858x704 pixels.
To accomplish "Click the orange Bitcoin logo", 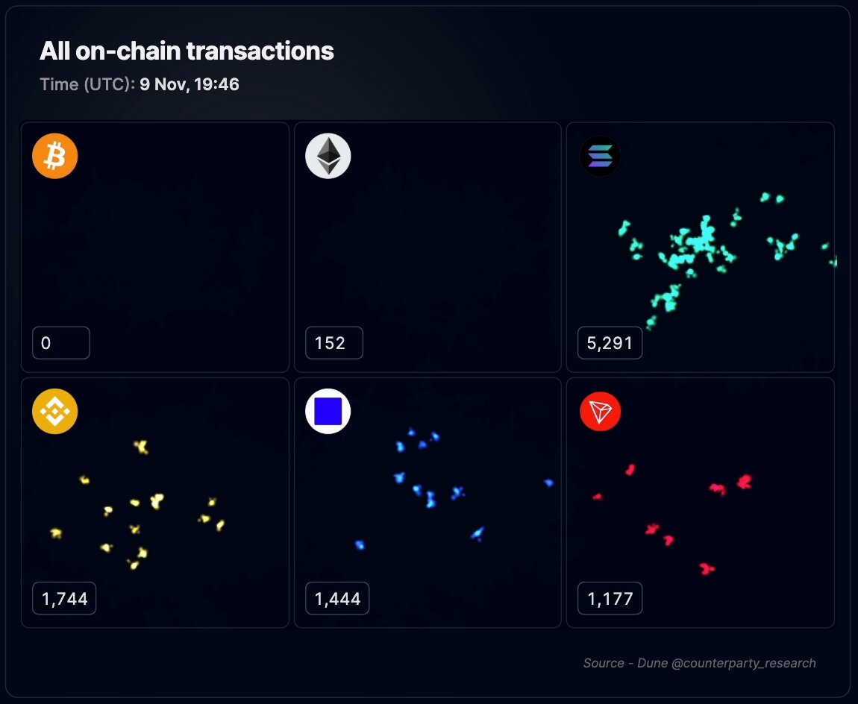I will (x=54, y=157).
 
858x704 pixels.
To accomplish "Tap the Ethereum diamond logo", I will (x=328, y=157).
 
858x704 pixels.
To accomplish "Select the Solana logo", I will (x=600, y=157).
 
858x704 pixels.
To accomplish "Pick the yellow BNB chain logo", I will (x=54, y=412).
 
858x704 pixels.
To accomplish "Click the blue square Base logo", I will (x=328, y=412).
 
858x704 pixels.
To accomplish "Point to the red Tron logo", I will (x=600, y=412).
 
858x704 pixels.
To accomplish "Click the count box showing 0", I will (x=60, y=343).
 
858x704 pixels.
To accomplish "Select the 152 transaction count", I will (x=334, y=343).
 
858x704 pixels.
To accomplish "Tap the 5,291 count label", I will (x=610, y=343).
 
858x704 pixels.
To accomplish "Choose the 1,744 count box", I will (x=64, y=598).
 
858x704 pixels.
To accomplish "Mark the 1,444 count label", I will (x=337, y=598).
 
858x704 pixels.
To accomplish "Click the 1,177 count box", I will (x=610, y=598).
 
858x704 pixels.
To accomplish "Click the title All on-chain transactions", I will (x=187, y=51).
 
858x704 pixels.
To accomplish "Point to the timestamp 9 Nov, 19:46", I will (x=190, y=84).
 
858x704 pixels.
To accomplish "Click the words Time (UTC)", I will (x=87, y=84).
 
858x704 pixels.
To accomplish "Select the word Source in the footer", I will (x=604, y=663).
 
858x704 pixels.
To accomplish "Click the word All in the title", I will (x=54, y=51).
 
